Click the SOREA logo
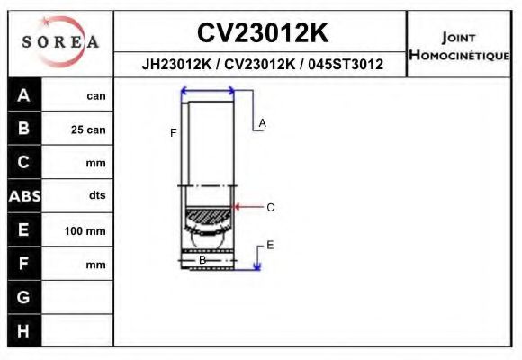tap(60, 42)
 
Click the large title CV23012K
tap(262, 33)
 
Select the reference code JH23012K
tap(175, 65)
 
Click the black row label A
tap(24, 95)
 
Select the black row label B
tap(24, 129)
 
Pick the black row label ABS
tap(24, 196)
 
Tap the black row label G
tap(24, 297)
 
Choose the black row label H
tap(24, 330)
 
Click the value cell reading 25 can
tap(88, 130)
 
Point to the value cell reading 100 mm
tap(85, 231)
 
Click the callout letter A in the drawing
tap(263, 122)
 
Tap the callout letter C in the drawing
tap(270, 207)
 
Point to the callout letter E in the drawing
tap(270, 245)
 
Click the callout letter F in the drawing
tap(173, 133)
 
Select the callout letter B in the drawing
tap(202, 260)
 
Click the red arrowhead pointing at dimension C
tap(238, 207)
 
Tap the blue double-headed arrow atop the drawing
tap(208, 90)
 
